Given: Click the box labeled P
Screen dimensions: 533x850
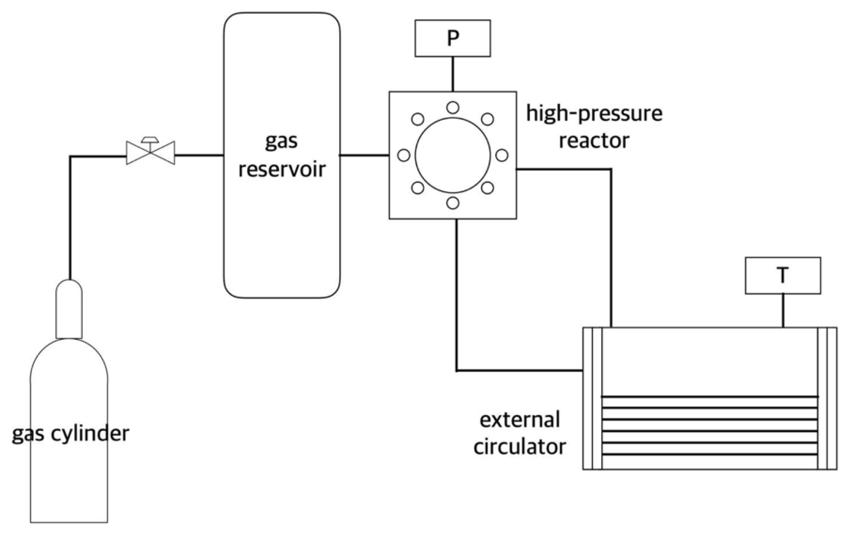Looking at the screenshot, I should point(452,38).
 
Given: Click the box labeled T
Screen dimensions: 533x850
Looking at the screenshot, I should point(783,275).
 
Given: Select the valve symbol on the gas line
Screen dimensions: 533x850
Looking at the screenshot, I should point(151,152).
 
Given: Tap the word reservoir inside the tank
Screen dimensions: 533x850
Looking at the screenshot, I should point(282,170).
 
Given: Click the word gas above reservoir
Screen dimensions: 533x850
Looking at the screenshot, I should point(281,142).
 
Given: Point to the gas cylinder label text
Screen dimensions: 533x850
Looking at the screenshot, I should point(71,434).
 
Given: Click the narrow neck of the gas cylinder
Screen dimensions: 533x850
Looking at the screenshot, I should point(69,309).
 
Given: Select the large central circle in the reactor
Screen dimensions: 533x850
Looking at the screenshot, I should point(453,155).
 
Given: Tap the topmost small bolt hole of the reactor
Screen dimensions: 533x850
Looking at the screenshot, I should point(453,107).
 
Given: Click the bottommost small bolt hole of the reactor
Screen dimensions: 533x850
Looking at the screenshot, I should point(453,203).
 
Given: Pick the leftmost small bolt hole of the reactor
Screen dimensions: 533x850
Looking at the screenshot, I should point(404,155).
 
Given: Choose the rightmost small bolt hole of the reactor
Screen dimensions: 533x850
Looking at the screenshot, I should point(502,155).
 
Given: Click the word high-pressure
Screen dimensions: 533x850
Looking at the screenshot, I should point(594,113).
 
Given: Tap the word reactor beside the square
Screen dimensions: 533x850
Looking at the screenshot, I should point(594,141).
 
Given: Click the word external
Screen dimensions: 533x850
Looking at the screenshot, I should point(520,420).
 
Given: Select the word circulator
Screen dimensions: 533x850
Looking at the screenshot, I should point(520,447).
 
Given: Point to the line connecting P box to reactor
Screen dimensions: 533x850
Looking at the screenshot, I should point(453,74).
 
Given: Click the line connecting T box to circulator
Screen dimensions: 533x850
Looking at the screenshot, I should point(783,310).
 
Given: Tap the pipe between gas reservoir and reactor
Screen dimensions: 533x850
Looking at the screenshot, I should point(364,155).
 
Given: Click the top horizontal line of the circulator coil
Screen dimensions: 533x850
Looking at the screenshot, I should point(709,397).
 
